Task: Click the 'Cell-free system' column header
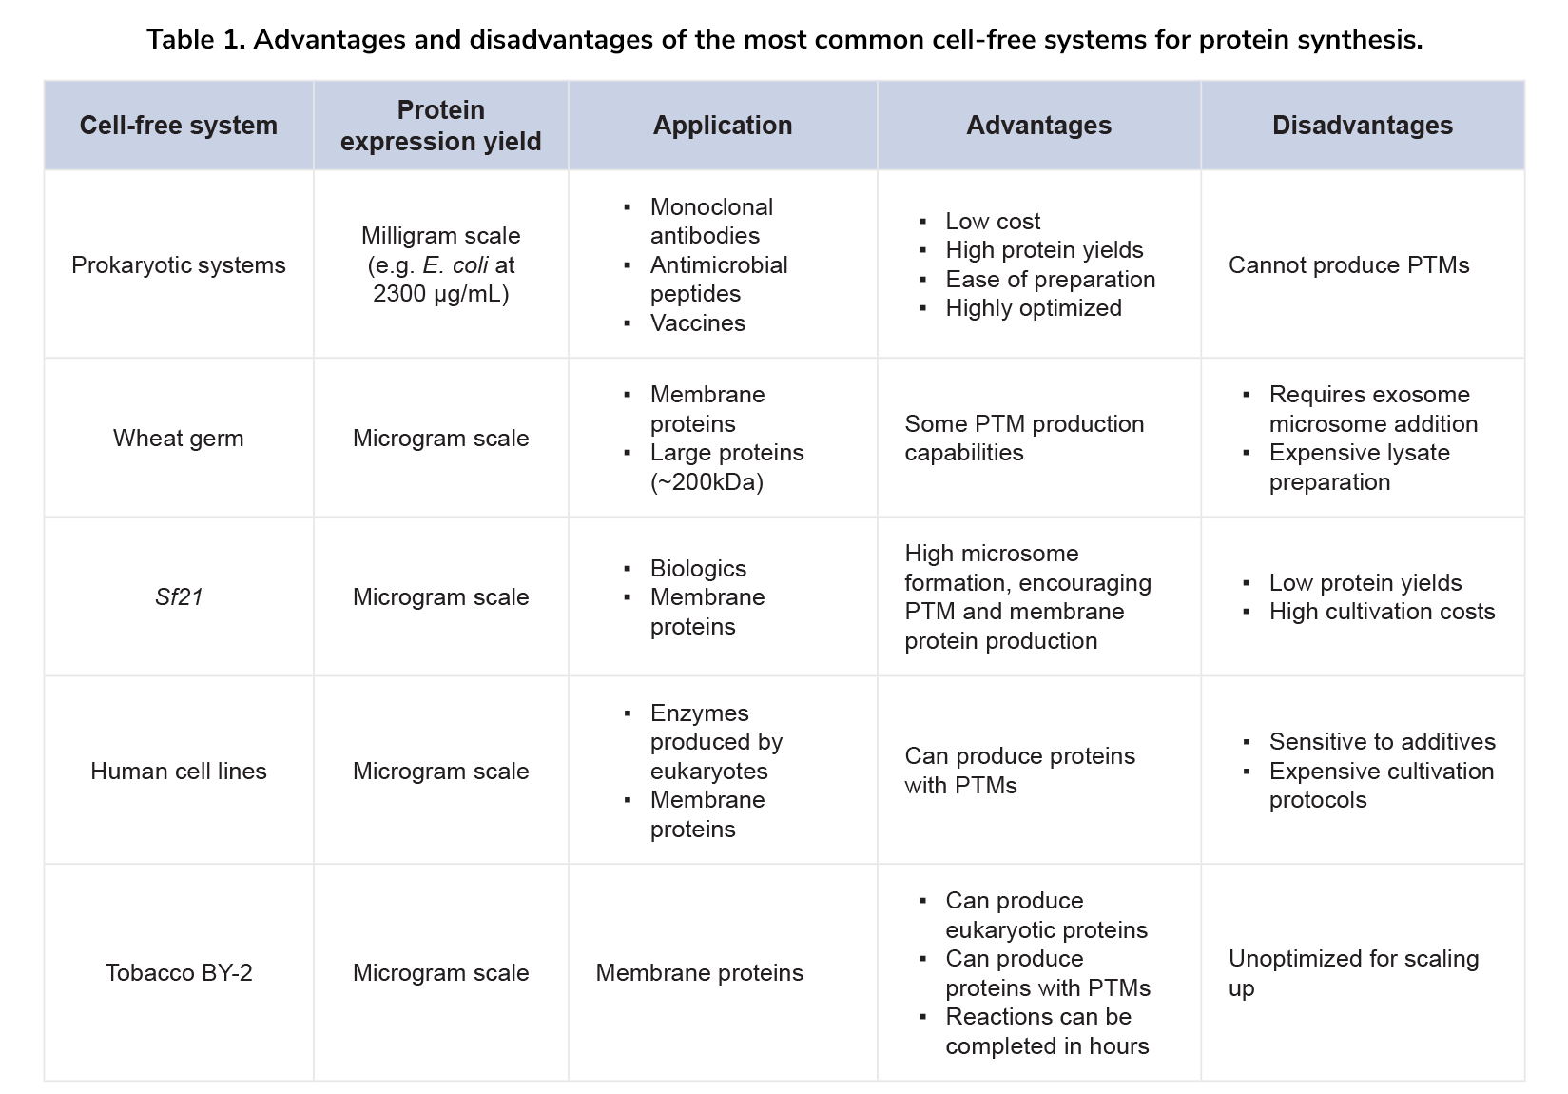click(178, 126)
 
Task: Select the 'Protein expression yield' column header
click(440, 126)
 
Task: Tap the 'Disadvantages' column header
click(1362, 126)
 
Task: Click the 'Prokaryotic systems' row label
click(178, 264)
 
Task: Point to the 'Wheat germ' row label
click(178, 438)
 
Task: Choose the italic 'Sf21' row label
click(178, 596)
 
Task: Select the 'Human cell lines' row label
click(178, 771)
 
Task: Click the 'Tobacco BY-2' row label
click(178, 972)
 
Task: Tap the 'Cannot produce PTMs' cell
click(1348, 264)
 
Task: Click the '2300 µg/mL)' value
click(440, 294)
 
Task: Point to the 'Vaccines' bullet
click(697, 323)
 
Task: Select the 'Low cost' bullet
click(992, 222)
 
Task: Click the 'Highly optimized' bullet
click(1033, 308)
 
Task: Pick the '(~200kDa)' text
click(707, 482)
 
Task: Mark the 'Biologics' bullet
click(698, 569)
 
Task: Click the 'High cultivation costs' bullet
click(1382, 612)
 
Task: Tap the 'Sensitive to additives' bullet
click(1382, 742)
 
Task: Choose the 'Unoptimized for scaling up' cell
click(1352, 972)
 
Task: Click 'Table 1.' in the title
click(195, 40)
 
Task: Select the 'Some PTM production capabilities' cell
click(1024, 438)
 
